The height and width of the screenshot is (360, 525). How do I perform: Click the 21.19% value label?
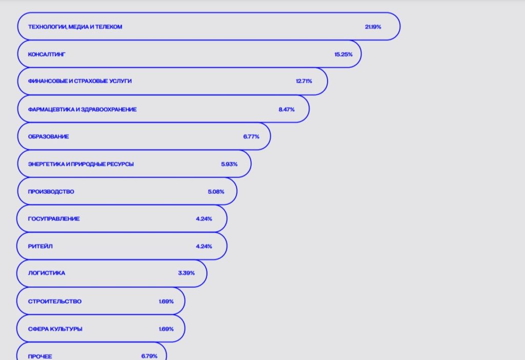(373, 27)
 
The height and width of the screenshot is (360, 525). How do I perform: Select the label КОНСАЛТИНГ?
(47, 54)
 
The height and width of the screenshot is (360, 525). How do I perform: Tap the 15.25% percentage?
(343, 54)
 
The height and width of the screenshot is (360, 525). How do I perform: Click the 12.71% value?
(304, 81)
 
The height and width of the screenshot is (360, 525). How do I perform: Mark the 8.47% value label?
(287, 109)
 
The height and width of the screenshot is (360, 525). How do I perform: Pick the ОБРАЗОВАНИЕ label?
(48, 136)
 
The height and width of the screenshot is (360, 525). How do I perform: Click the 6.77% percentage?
(251, 136)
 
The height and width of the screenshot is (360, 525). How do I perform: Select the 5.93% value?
(229, 164)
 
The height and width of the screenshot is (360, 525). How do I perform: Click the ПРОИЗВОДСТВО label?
(51, 192)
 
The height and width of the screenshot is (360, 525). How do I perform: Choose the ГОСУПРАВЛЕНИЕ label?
(54, 219)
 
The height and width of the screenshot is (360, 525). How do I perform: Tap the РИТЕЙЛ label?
(40, 246)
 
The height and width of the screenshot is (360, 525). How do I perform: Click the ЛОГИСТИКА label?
(46, 273)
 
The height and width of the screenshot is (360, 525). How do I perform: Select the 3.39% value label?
(186, 273)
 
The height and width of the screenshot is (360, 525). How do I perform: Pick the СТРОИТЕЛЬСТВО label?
(54, 302)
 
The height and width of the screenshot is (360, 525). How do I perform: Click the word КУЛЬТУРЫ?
(66, 329)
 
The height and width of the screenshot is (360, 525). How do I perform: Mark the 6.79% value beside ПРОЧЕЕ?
(149, 356)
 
